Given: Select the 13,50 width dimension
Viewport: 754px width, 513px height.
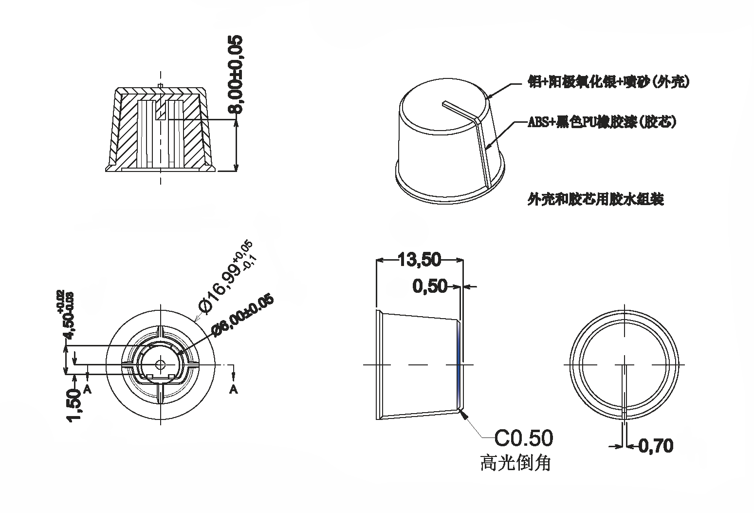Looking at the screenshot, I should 420,260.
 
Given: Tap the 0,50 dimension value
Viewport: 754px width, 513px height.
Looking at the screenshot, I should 430,286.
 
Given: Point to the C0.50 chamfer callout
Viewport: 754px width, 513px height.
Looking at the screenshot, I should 524,438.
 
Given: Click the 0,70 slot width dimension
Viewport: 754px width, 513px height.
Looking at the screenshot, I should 656,445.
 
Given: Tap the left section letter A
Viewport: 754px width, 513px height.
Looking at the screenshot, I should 88,389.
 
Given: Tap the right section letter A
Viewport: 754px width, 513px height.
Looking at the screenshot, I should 234,389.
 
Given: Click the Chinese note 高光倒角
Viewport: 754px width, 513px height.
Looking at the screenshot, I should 515,462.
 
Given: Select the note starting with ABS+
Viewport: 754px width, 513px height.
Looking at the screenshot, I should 602,122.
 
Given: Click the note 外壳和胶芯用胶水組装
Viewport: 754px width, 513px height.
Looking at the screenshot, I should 595,199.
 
